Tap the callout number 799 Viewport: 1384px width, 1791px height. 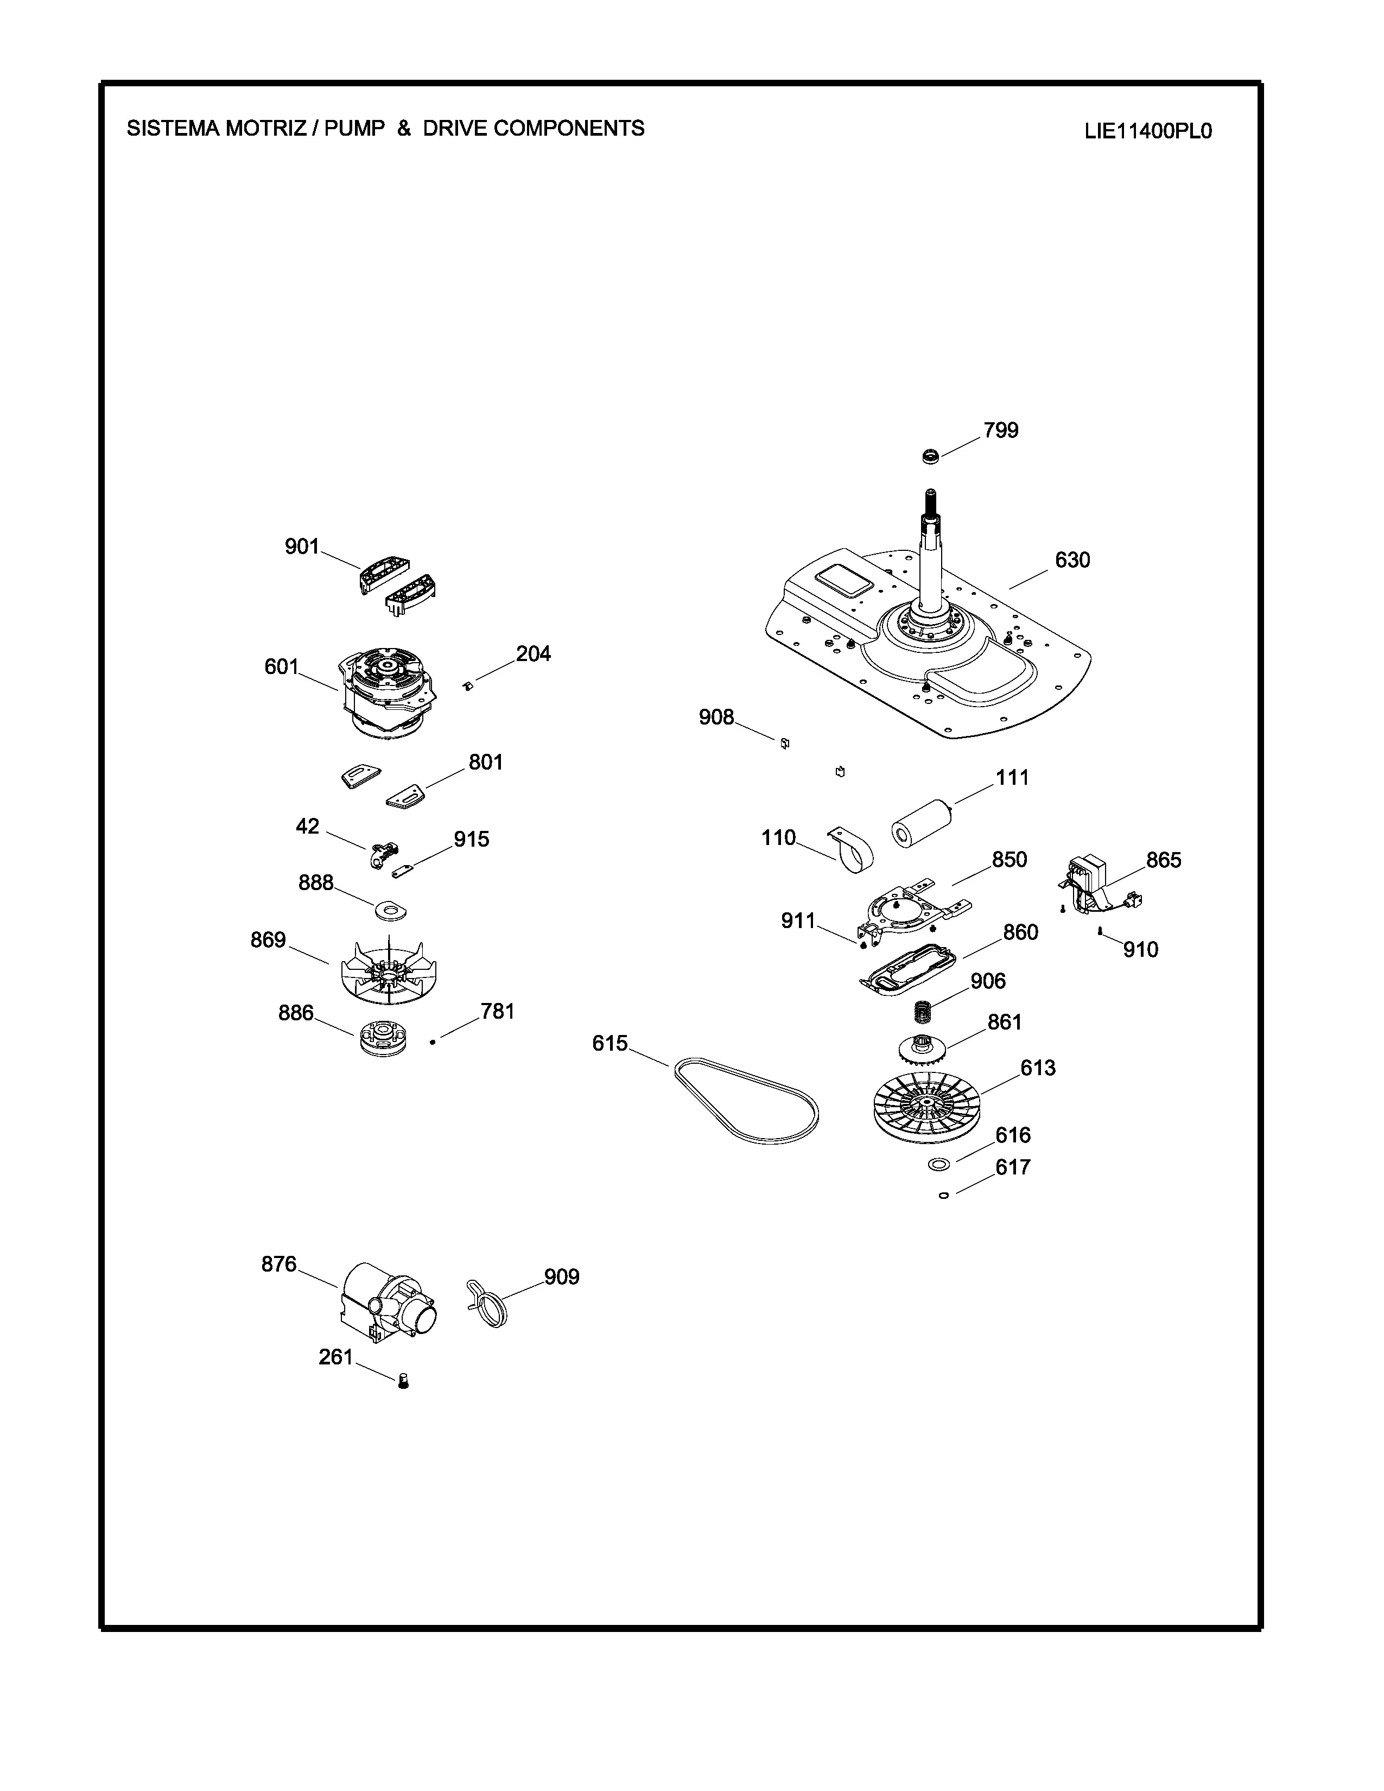(x=1001, y=430)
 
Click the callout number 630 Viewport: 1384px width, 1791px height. (x=1072, y=560)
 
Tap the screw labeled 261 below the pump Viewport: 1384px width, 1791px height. (x=403, y=1381)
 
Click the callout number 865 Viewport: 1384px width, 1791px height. (x=1164, y=860)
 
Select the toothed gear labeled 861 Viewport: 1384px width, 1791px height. (x=922, y=1047)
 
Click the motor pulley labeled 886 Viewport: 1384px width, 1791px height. (x=385, y=1038)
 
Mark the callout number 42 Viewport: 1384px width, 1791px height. (x=307, y=827)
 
